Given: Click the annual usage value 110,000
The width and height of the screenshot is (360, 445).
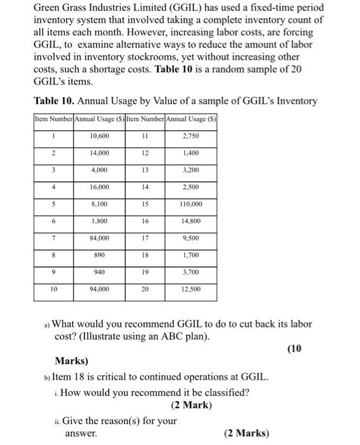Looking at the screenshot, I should [191, 205].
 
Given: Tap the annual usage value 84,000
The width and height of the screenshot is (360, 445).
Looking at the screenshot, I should [99, 238].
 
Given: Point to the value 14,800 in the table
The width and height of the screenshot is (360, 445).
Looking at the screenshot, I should [191, 221].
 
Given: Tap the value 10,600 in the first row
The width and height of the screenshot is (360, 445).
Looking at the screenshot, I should [99, 136].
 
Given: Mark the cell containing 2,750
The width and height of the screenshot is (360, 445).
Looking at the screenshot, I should [191, 136].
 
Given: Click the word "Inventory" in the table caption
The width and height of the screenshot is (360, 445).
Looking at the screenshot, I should [294, 102].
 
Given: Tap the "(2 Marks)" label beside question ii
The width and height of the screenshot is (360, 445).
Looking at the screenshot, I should [246, 434].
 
